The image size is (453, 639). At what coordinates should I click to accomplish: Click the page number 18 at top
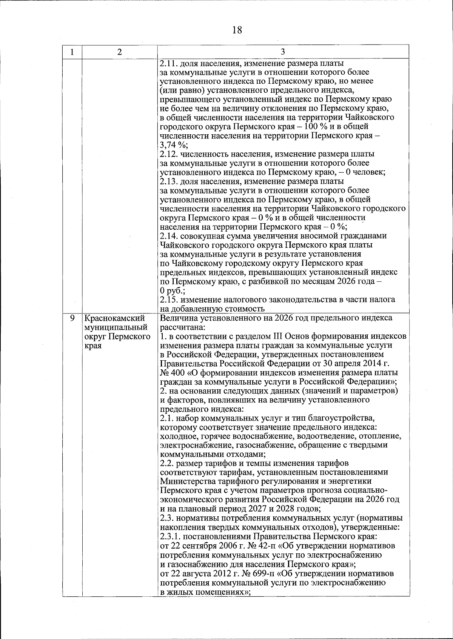tap(237, 30)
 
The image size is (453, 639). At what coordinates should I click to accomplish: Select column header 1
tap(72, 52)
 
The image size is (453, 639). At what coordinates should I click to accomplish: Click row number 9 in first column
tap(72, 318)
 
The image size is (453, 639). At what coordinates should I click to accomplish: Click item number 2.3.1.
tap(171, 536)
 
